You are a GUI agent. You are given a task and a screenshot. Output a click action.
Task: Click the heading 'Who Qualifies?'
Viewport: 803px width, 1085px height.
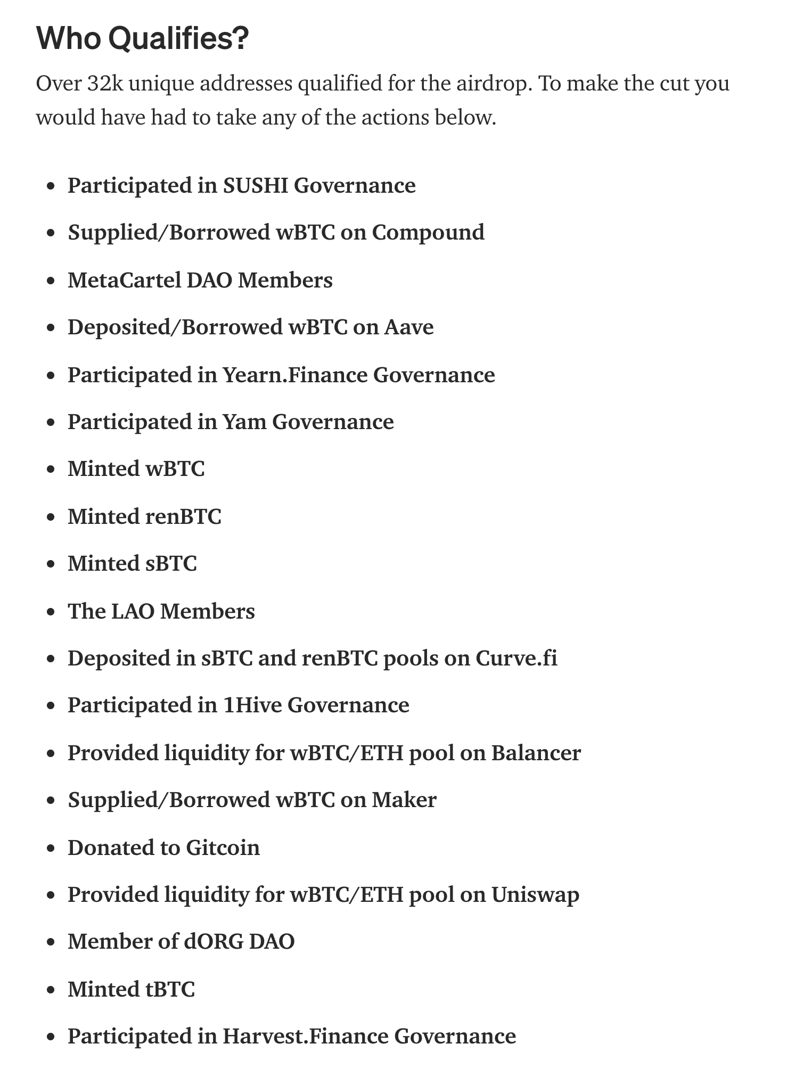(142, 39)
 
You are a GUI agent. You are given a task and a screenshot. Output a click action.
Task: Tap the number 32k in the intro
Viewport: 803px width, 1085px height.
(104, 84)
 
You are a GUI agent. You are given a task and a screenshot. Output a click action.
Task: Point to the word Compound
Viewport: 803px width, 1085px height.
(428, 233)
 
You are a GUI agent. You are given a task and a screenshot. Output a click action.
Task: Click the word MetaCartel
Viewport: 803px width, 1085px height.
(124, 280)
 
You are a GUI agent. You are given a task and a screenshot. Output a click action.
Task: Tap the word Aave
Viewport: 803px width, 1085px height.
(409, 327)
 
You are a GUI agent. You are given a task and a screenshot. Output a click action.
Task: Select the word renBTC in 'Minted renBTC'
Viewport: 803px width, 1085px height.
(183, 516)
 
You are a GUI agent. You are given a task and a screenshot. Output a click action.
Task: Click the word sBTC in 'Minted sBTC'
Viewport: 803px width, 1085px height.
(171, 563)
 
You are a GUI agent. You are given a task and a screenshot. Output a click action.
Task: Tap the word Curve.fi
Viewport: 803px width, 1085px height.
(516, 659)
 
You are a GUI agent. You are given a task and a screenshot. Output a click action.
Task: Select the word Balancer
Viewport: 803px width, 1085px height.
(536, 753)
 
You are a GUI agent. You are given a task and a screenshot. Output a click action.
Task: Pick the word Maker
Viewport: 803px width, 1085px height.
(404, 800)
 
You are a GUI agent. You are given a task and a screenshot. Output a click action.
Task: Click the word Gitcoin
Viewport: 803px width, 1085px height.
(223, 848)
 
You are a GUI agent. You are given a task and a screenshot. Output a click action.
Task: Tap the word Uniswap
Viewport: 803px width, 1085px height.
(535, 894)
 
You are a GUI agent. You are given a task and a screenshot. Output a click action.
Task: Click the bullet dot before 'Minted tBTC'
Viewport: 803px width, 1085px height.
(51, 990)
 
